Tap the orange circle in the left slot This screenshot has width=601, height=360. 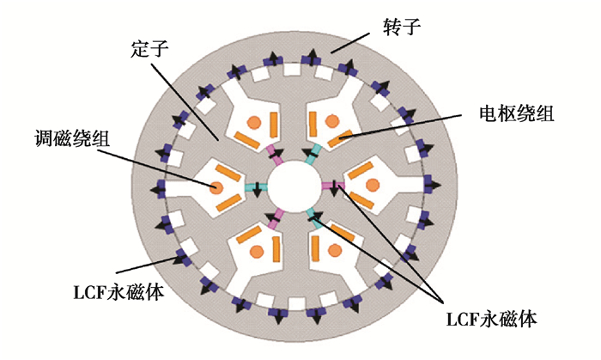pos(216,186)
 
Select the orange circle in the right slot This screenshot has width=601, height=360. pos(372,185)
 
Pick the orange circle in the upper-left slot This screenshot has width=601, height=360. pos(255,120)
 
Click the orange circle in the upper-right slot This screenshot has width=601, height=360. pos(333,119)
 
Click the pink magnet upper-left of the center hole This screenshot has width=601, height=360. pos(275,152)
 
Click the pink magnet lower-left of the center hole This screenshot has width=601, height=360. pos(275,220)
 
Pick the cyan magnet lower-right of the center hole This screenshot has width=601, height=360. pos(314,219)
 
